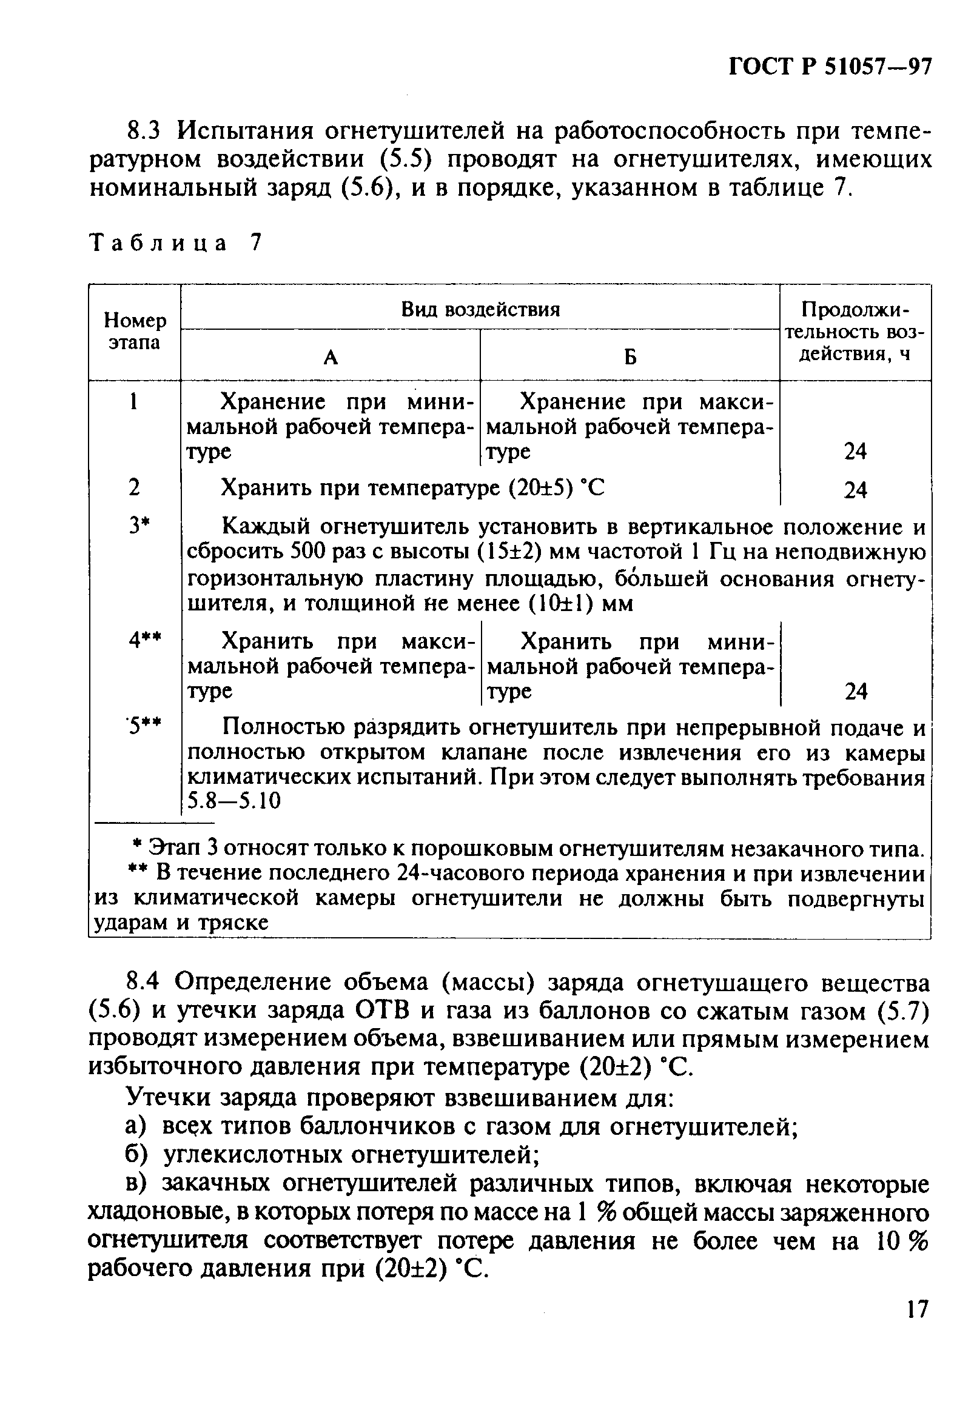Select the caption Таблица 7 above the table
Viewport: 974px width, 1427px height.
coord(176,243)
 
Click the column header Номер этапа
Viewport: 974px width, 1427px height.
coord(135,332)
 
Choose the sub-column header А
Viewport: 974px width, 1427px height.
coord(331,358)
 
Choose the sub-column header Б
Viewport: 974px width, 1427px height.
coord(630,358)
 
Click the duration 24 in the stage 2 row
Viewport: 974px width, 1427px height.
coord(855,489)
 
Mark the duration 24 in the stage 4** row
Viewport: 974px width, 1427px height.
coord(856,692)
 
